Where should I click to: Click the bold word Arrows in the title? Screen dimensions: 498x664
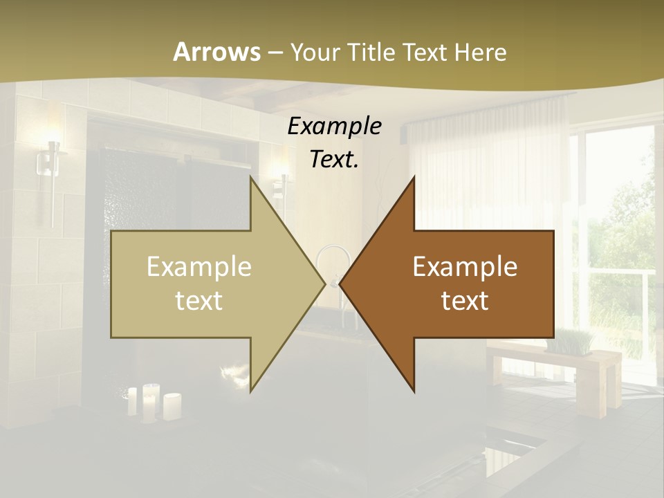click(216, 52)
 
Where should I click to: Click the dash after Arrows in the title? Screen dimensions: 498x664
click(275, 53)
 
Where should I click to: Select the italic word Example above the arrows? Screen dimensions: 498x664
click(335, 126)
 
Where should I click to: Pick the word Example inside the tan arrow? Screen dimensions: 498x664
click(199, 267)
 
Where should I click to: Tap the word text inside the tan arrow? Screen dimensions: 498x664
click(199, 300)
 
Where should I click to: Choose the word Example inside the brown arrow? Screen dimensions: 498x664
click(465, 267)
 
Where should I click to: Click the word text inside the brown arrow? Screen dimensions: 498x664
click(465, 300)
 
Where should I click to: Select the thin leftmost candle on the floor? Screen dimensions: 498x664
click(132, 401)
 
